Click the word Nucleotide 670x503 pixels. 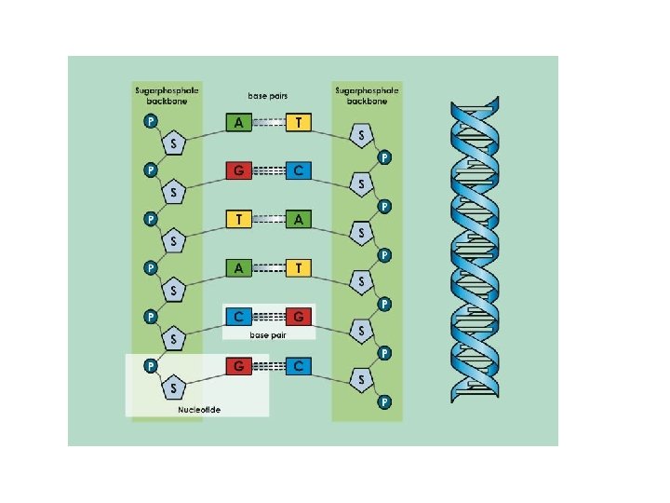tap(199, 410)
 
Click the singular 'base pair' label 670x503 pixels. tap(268, 333)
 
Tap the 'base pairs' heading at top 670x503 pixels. tap(268, 95)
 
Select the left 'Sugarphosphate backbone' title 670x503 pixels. tap(167, 95)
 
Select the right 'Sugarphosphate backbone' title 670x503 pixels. tap(367, 95)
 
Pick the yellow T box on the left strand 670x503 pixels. tap(239, 219)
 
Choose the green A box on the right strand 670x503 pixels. tap(299, 219)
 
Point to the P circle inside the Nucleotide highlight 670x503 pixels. tap(150, 365)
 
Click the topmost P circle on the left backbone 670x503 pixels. tap(150, 122)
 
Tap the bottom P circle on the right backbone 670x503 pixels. tap(384, 402)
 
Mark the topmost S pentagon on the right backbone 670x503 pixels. tap(361, 136)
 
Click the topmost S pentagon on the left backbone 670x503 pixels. tap(174, 143)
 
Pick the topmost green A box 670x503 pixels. tap(239, 122)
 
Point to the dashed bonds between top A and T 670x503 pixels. tap(269, 122)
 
